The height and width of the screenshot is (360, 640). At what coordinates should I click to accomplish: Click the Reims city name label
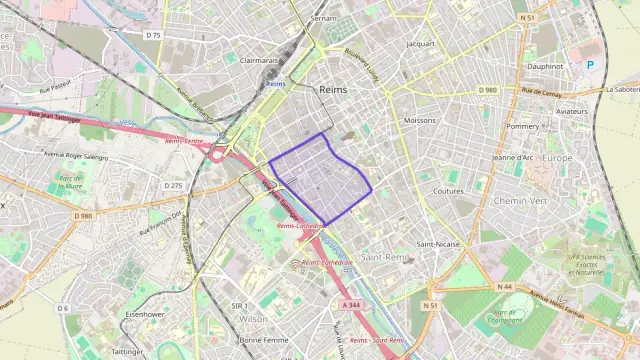pyautogui.click(x=332, y=90)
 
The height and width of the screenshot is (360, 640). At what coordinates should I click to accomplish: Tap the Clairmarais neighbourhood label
pyautogui.click(x=259, y=59)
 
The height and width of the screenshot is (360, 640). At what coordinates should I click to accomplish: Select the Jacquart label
pyautogui.click(x=422, y=44)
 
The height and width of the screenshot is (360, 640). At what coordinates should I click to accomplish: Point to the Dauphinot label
pyautogui.click(x=546, y=66)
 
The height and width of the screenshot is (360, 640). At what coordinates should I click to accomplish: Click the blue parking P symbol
pyautogui.click(x=590, y=64)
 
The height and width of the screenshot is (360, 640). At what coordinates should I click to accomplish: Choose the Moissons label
pyautogui.click(x=419, y=120)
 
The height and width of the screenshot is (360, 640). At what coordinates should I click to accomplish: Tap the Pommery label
pyautogui.click(x=523, y=127)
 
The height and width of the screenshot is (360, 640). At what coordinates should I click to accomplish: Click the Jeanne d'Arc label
pyautogui.click(x=513, y=157)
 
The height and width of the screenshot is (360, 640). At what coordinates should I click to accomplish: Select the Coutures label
pyautogui.click(x=449, y=191)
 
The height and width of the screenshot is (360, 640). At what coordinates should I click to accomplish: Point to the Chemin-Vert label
pyautogui.click(x=520, y=201)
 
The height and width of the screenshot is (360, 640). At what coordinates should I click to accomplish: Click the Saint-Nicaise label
pyautogui.click(x=438, y=244)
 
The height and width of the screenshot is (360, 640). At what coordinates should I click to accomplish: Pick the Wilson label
pyautogui.click(x=253, y=319)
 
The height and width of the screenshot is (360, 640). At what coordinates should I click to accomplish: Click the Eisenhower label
pyautogui.click(x=145, y=314)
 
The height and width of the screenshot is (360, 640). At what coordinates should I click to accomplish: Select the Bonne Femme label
pyautogui.click(x=264, y=340)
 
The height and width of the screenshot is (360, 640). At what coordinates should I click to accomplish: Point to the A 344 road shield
pyautogui.click(x=350, y=304)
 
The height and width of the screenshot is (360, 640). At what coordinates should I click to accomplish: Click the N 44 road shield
pyautogui.click(x=504, y=287)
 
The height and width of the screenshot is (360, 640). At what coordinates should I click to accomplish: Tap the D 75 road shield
pyautogui.click(x=152, y=35)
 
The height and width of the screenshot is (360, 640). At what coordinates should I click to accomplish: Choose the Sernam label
pyautogui.click(x=323, y=19)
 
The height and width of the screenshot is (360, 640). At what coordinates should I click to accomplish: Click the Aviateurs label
pyautogui.click(x=572, y=112)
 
